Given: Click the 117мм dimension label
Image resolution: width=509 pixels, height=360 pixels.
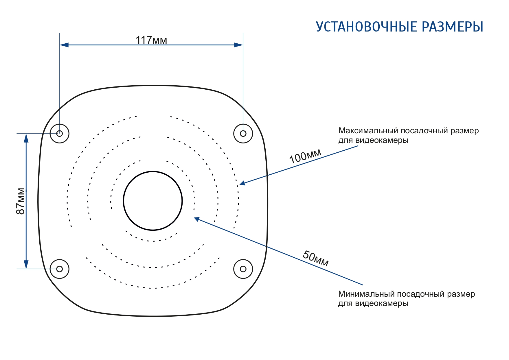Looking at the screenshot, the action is [151, 40].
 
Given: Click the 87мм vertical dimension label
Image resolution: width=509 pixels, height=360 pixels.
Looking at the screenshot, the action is [21, 201].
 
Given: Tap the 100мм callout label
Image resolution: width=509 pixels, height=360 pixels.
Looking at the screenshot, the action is [305, 156].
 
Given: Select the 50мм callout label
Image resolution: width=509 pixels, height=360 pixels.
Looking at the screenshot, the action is [316, 258].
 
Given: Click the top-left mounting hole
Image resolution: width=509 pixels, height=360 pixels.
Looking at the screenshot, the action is [60, 133].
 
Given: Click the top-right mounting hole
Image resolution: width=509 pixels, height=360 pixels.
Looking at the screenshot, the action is [243, 133].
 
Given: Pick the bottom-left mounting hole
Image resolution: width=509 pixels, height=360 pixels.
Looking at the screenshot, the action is [60, 269].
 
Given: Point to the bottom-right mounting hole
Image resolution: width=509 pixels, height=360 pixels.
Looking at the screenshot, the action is [243, 269].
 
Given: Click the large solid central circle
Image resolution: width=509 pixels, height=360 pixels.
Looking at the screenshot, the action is [153, 201].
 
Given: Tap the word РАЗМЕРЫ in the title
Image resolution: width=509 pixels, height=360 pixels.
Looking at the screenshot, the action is [453, 27].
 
